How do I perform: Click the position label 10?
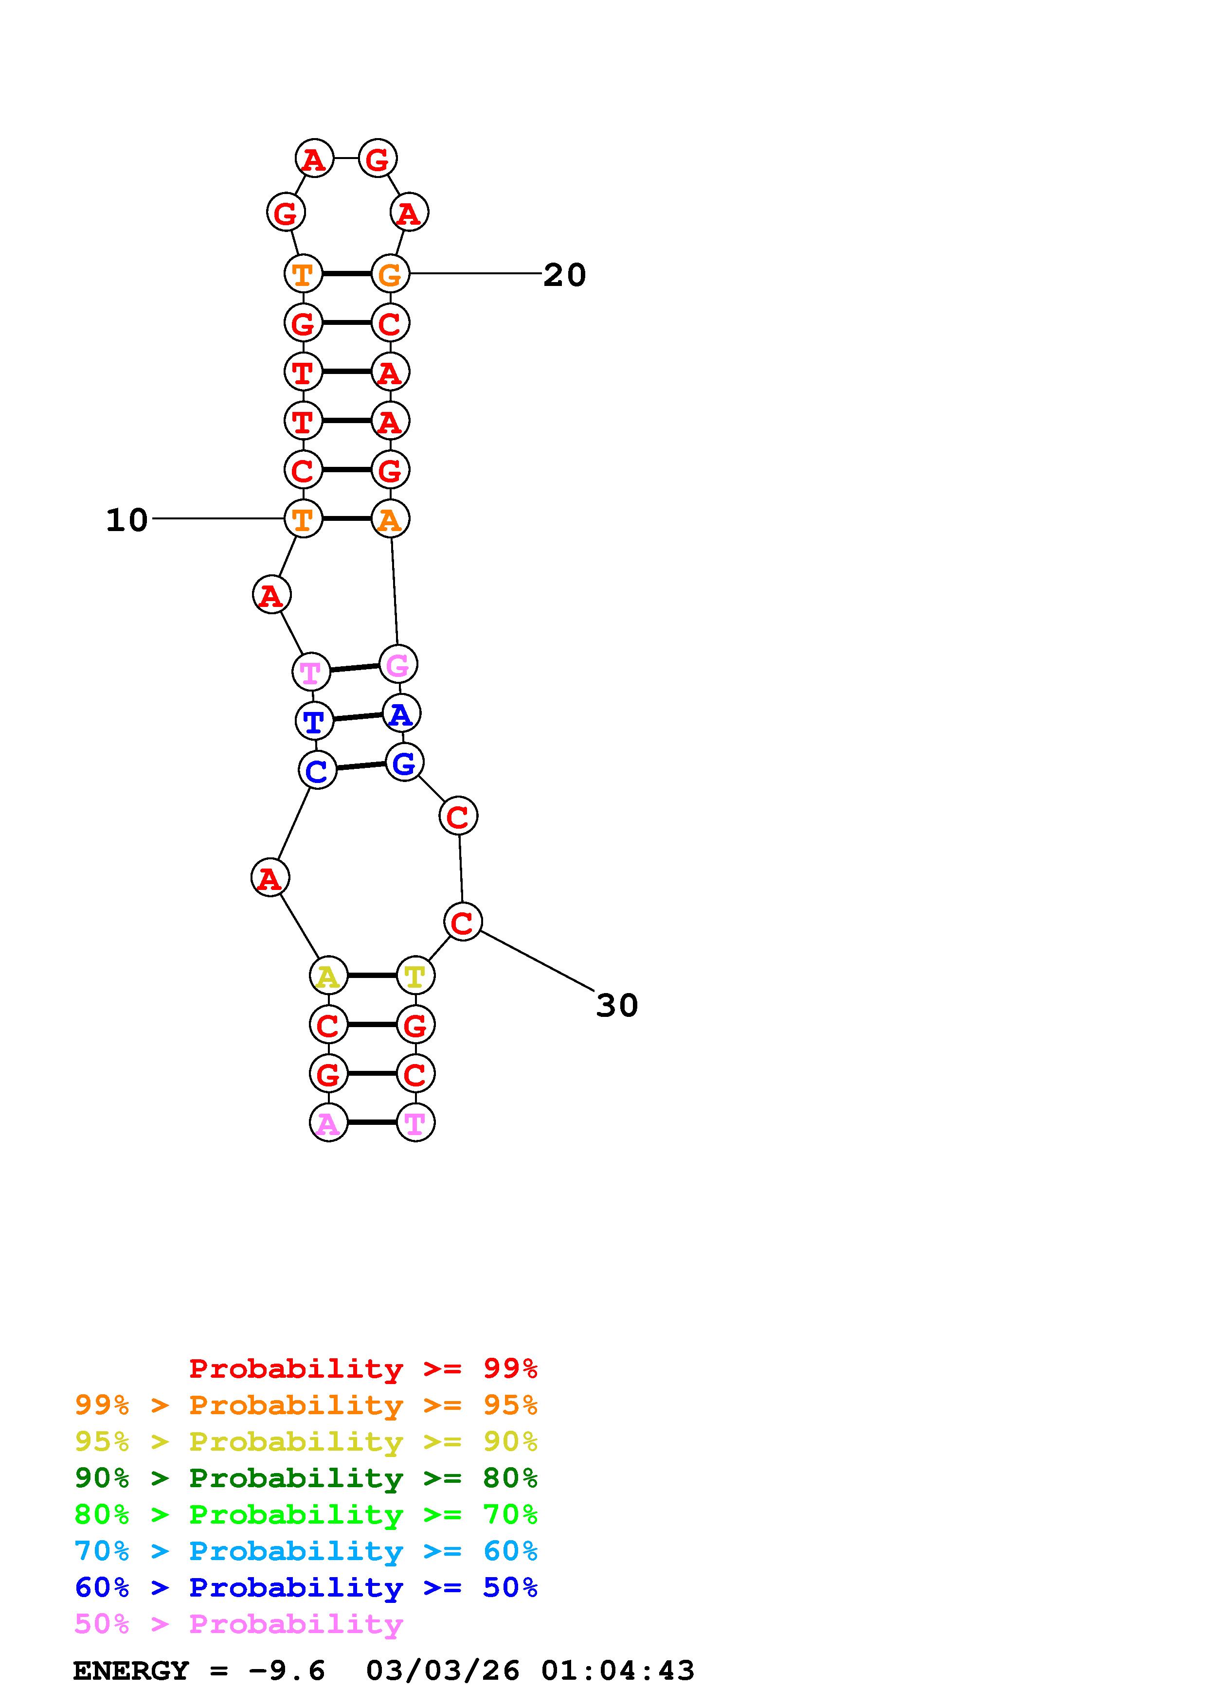click(x=127, y=520)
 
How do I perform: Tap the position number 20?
click(x=565, y=275)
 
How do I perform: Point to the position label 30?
click(x=617, y=1005)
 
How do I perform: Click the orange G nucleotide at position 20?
click(x=390, y=274)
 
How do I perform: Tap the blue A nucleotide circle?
click(x=401, y=714)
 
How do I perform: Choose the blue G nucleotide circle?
click(x=404, y=763)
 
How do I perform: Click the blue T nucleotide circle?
click(x=314, y=721)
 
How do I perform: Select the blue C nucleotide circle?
click(x=317, y=770)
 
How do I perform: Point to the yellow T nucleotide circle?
click(x=415, y=976)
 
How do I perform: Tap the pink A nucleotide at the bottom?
click(x=328, y=1123)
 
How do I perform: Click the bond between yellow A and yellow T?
click(x=372, y=976)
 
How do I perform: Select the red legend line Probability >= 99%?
click(x=362, y=1368)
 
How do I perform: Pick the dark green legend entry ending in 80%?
click(x=306, y=1478)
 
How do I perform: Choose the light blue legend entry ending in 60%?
click(x=306, y=1551)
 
